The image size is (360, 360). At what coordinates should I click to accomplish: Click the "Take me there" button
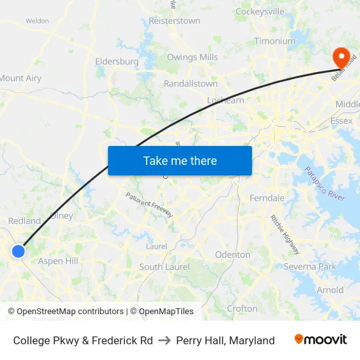180,161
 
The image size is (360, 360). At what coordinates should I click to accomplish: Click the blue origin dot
18,251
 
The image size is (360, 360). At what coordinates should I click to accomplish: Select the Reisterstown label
174,21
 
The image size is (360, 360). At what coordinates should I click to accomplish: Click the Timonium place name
275,41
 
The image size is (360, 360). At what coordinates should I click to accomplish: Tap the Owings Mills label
192,58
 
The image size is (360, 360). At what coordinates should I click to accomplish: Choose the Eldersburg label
117,62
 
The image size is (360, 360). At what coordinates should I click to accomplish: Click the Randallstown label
190,84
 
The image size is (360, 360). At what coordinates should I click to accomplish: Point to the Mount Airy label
20,79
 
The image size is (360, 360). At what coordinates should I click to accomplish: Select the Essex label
342,121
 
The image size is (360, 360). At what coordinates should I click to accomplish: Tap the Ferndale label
267,198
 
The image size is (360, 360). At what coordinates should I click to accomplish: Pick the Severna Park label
310,266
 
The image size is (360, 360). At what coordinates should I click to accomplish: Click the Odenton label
232,255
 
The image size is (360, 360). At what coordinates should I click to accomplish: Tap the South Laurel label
164,267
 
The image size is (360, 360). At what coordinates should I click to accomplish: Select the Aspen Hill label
58,261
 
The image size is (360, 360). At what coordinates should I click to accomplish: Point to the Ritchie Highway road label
285,235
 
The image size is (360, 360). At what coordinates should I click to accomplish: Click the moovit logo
321,340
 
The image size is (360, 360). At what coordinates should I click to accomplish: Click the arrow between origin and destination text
164,340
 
